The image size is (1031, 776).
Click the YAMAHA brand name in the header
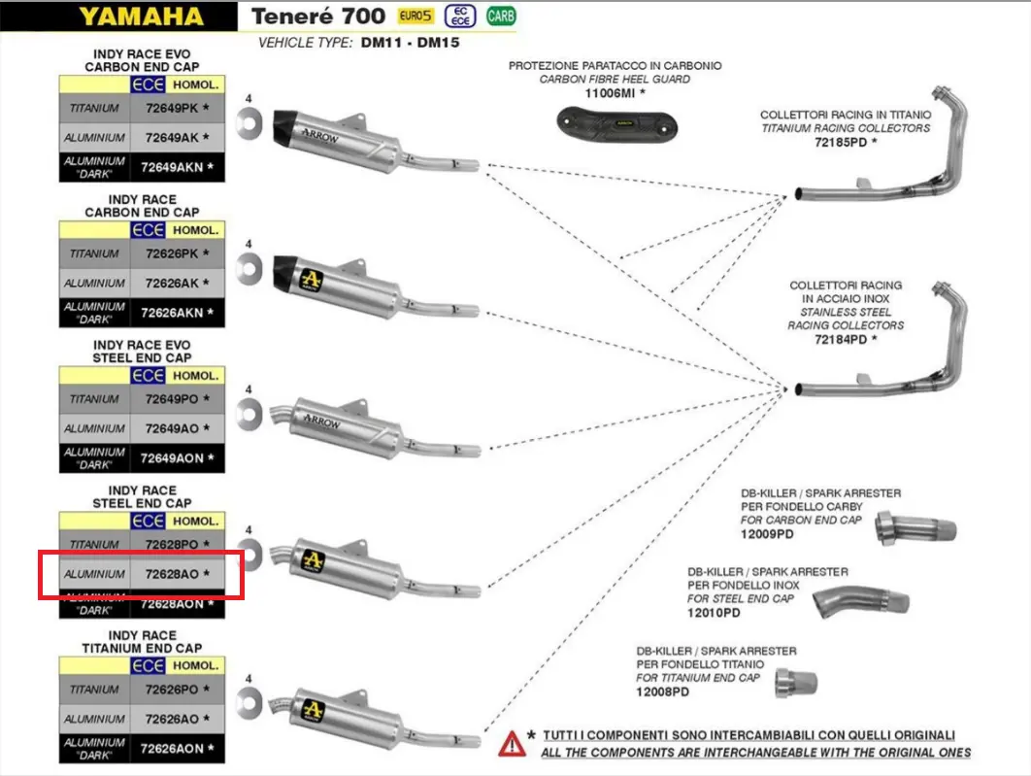click(141, 17)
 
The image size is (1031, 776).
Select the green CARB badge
click(501, 17)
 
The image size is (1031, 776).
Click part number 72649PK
click(178, 108)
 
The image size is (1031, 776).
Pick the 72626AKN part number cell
click(178, 313)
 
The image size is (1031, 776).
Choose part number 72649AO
click(178, 428)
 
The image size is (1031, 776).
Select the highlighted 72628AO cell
click(178, 574)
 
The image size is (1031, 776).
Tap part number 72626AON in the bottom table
click(178, 749)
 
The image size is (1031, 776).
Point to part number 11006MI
click(615, 92)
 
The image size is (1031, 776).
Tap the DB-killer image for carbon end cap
click(915, 529)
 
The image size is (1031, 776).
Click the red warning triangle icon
click(512, 744)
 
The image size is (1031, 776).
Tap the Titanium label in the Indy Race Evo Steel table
click(94, 399)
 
